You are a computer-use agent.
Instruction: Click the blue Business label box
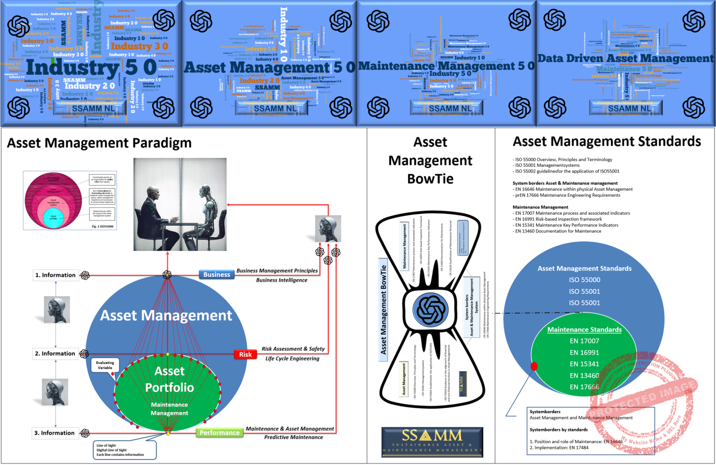click(216, 275)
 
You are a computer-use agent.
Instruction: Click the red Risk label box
click(245, 354)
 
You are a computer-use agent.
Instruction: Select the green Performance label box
click(219, 433)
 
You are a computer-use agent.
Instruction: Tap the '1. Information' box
click(55, 275)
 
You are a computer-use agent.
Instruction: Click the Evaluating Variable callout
click(105, 365)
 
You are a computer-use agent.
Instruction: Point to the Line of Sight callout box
click(124, 450)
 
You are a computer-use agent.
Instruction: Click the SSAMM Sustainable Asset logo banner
click(432, 442)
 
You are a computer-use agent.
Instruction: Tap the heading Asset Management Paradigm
click(99, 143)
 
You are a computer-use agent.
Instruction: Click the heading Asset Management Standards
click(607, 141)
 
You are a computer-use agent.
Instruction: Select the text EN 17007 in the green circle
click(584, 341)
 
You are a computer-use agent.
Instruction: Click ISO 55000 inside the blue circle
click(584, 280)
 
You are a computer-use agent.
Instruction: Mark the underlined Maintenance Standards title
click(584, 329)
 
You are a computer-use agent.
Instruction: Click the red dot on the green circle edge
click(534, 366)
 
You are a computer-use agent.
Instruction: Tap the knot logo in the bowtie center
click(430, 310)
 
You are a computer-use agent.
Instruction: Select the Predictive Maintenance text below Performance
click(294, 437)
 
